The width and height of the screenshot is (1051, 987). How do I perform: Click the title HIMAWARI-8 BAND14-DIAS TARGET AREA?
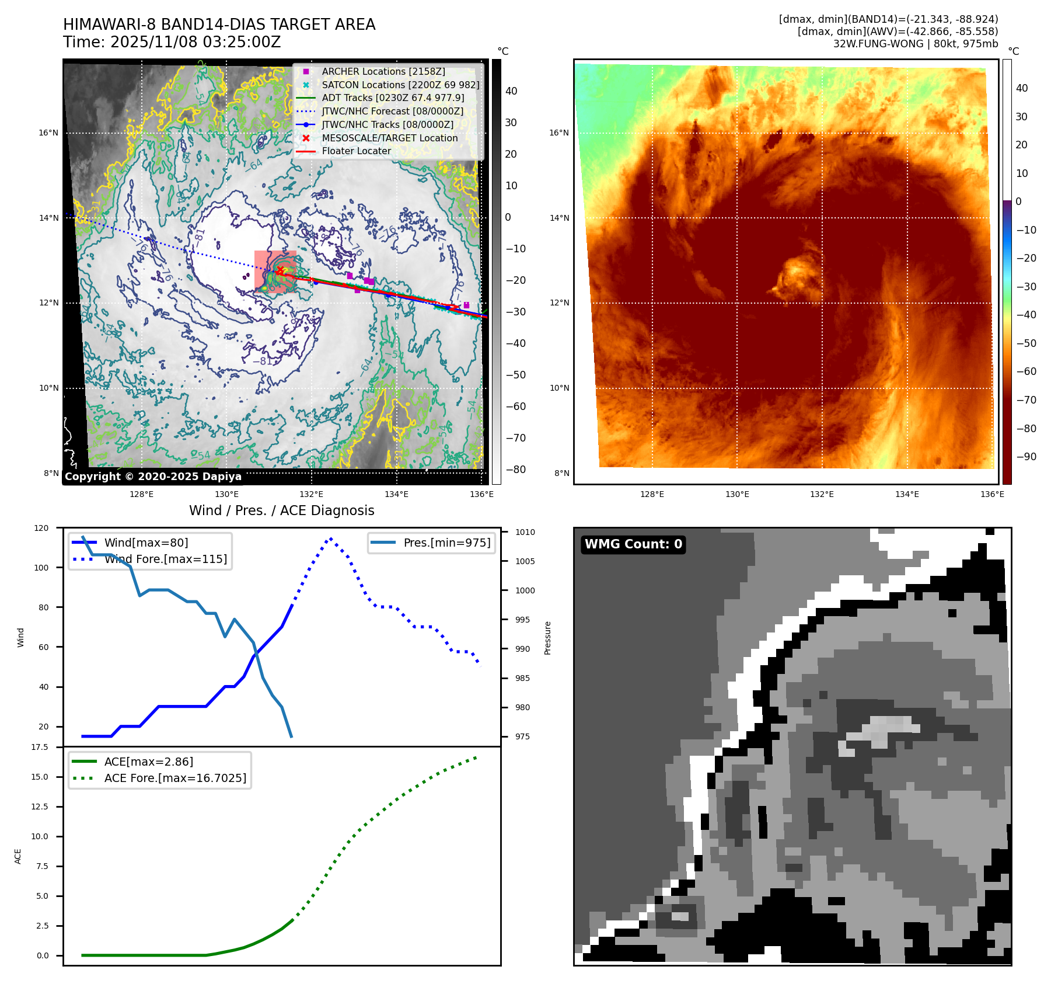point(219,25)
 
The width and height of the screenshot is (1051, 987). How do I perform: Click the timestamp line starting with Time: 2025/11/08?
point(172,42)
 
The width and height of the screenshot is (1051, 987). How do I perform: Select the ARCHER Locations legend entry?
point(383,71)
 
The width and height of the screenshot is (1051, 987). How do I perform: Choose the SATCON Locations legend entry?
point(400,85)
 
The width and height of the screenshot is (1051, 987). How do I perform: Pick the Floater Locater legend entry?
point(356,151)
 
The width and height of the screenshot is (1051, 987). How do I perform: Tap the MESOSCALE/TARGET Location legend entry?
point(389,138)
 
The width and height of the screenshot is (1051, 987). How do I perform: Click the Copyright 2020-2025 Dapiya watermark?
point(153,477)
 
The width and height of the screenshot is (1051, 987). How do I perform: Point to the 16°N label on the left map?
point(48,133)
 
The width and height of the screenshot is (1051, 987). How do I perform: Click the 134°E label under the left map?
point(396,494)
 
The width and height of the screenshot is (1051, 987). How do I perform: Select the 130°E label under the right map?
point(737,494)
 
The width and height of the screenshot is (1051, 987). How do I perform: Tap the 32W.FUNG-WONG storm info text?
point(915,44)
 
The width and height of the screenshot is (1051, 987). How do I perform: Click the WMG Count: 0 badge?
point(633,544)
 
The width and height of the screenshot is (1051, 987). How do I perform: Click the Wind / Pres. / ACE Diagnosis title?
point(281,510)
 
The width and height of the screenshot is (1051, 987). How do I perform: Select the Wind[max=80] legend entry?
point(146,543)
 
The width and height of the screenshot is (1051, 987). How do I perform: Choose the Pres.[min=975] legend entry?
point(446,543)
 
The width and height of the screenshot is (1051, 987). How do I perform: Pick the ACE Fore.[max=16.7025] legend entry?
point(175,778)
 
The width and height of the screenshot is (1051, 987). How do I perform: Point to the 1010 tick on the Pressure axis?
point(525,532)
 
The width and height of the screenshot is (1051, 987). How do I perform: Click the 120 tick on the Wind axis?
point(41,528)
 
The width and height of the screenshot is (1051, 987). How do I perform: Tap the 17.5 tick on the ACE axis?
point(40,747)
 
